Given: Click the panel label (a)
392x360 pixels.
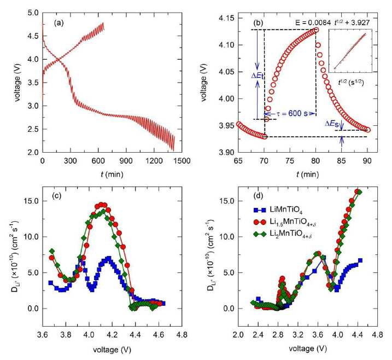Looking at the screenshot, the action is [x=58, y=23].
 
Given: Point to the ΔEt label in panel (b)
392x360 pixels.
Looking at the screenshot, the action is [x=258, y=76].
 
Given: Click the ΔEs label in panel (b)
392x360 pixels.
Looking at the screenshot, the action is [x=332, y=124].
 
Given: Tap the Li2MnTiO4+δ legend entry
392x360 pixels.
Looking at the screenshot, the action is [x=283, y=234].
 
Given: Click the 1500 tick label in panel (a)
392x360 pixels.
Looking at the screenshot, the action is [x=182, y=161].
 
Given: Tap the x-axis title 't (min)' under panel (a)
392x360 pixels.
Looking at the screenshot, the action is [x=112, y=174].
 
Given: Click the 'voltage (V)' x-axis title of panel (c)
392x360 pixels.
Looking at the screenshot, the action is [x=112, y=350].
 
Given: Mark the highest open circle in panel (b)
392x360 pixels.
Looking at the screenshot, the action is [x=316, y=30].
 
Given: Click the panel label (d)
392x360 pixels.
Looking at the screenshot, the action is [x=258, y=196].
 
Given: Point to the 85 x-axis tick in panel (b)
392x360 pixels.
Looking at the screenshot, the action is [x=342, y=161].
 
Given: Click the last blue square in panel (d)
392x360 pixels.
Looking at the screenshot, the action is [x=360, y=260].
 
